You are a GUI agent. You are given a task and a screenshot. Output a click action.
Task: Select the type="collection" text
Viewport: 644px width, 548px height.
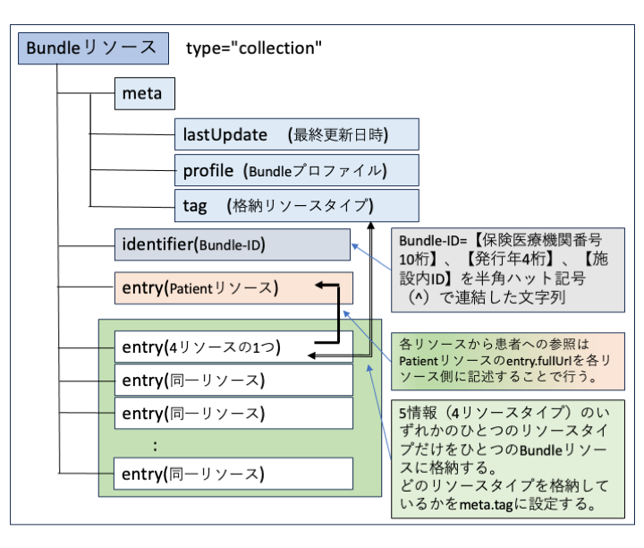(254, 47)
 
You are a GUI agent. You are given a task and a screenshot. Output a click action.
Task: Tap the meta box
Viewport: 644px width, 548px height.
(142, 94)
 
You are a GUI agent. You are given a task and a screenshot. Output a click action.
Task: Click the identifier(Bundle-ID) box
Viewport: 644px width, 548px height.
(233, 244)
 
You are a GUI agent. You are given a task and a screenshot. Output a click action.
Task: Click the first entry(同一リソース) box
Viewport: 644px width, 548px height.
(233, 381)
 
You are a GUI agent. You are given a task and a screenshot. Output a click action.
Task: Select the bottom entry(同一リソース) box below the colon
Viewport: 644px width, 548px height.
(233, 472)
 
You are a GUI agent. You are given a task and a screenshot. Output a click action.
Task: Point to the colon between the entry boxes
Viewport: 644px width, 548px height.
(157, 443)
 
